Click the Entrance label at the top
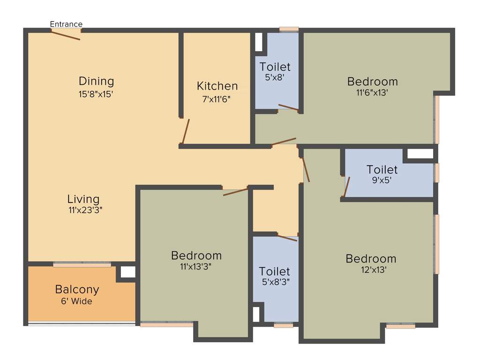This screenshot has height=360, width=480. click(66, 24)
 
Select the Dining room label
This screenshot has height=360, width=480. click(96, 81)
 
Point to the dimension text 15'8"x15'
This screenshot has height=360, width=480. click(96, 93)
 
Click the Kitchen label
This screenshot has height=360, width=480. click(217, 86)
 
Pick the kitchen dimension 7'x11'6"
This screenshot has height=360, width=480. click(217, 99)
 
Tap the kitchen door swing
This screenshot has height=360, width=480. click(186, 131)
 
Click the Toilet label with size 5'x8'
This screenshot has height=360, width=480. click(275, 67)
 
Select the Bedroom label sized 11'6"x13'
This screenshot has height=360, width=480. click(372, 82)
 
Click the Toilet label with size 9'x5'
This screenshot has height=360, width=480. click(382, 170)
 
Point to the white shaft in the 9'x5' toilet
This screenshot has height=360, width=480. click(420, 154)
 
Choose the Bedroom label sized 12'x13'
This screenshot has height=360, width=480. click(371, 259)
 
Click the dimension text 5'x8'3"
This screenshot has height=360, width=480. click(275, 283)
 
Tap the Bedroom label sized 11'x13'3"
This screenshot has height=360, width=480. click(196, 256)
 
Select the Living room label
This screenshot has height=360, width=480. click(83, 199)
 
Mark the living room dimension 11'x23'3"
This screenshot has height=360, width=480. click(85, 210)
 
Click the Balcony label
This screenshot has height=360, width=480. click(77, 289)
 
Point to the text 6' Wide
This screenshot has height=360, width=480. click(77, 301)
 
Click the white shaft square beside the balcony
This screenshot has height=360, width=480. click(128, 272)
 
